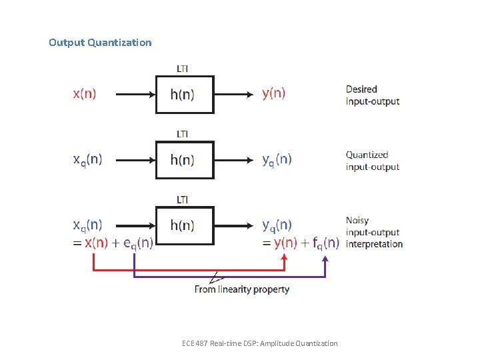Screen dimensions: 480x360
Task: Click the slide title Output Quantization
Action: tap(100, 43)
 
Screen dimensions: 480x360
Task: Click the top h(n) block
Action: tap(185, 95)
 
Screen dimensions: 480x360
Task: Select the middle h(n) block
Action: tap(185, 160)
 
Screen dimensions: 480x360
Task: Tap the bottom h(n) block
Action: tap(185, 225)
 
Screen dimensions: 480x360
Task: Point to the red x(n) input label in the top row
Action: tap(84, 94)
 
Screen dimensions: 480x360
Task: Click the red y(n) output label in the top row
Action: tap(273, 94)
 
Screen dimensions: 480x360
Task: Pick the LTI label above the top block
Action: tap(182, 68)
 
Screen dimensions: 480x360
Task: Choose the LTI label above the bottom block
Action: tap(182, 199)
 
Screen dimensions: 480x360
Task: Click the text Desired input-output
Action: tap(372, 95)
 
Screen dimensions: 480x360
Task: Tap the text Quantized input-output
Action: tap(372, 161)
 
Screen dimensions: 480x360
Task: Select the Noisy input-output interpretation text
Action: tap(374, 232)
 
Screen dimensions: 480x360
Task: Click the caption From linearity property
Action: tap(242, 289)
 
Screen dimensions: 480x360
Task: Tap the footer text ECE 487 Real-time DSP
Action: tap(259, 343)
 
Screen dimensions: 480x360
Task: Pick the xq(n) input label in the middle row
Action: tap(87, 160)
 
